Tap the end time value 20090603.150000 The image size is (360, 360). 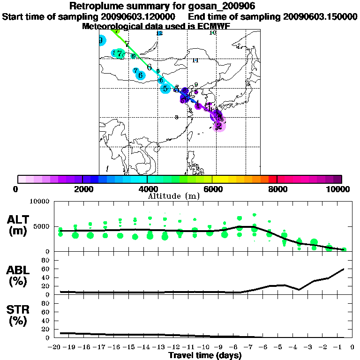coord(320,16)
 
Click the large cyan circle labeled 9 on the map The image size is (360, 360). coord(101,41)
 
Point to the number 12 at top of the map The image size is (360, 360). coord(159,33)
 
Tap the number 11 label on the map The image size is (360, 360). coord(195,60)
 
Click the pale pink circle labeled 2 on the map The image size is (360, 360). coord(219,126)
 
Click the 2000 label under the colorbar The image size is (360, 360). coord(82,189)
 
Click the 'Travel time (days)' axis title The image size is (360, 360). coord(205,355)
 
